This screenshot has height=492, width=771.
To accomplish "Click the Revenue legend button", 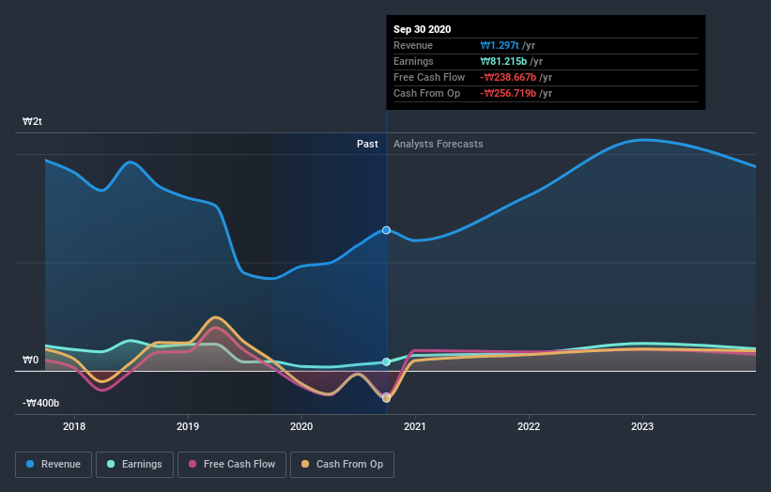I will [54, 464].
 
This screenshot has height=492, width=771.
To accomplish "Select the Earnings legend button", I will [134, 464].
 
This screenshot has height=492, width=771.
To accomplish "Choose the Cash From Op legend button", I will [343, 464].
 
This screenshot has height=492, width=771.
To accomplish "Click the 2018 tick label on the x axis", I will [74, 426].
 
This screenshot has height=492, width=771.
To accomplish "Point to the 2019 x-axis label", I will [188, 426].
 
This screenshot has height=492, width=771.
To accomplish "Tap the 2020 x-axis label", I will [301, 426].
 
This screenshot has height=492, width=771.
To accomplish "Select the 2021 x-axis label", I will [415, 426].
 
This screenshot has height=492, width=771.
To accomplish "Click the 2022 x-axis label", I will [529, 426].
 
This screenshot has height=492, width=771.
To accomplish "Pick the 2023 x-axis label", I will [642, 426].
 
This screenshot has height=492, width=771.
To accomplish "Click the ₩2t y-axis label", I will [33, 122].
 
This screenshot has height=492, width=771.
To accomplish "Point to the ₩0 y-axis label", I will [31, 360].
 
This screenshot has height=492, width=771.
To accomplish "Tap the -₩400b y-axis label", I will [41, 403].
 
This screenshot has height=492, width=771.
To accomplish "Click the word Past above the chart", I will [367, 144].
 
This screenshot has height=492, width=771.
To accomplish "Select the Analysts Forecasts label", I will [439, 144].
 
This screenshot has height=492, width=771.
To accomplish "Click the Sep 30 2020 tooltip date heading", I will [423, 29].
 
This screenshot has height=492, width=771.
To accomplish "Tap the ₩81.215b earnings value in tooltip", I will [505, 61].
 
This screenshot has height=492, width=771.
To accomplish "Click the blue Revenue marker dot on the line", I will [386, 230].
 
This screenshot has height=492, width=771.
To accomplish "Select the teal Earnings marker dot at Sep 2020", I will [386, 362].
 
